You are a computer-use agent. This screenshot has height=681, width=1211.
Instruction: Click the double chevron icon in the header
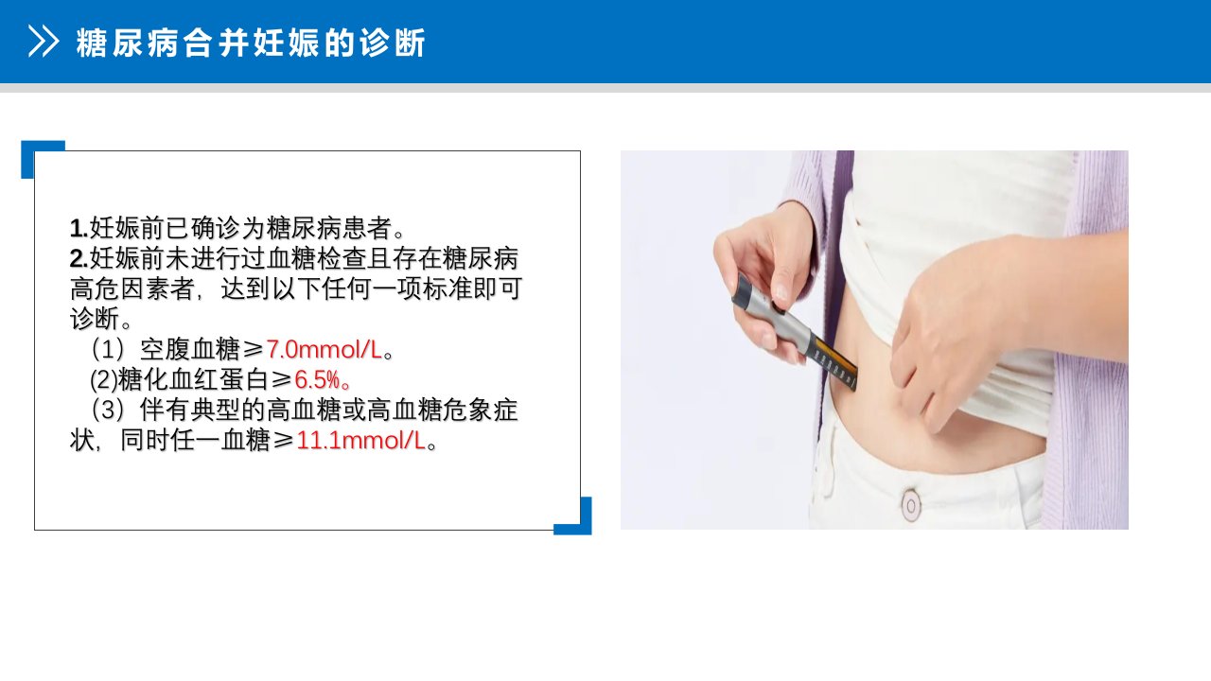tap(44, 41)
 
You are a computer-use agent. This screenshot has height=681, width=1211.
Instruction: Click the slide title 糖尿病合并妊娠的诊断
tap(251, 43)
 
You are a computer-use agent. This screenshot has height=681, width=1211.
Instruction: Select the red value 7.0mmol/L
tap(325, 350)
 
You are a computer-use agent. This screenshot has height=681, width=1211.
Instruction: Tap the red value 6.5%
tap(317, 380)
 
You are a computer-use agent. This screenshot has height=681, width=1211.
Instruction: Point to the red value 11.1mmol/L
tap(361, 441)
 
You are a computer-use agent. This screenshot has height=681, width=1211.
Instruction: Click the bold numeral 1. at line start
tap(79, 229)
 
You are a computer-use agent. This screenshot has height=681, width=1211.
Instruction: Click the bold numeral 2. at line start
tap(79, 259)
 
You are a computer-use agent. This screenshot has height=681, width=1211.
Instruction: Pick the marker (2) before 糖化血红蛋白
tap(103, 380)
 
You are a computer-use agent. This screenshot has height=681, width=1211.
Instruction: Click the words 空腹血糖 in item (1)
tap(189, 350)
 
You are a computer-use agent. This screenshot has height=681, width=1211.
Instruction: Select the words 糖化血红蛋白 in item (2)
tap(193, 380)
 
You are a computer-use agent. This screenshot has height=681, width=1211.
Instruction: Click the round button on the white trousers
tap(911, 505)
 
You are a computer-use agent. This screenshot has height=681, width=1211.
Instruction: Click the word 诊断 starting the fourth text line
tap(95, 319)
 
